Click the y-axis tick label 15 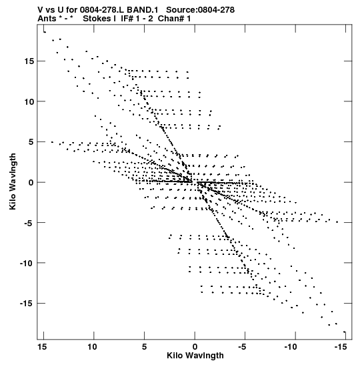[29, 61]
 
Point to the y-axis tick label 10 [29, 101]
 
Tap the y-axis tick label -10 [27, 264]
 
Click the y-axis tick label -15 [27, 304]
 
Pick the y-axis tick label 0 [31, 183]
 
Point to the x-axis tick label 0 [195, 347]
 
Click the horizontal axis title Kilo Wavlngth [195, 356]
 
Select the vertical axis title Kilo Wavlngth [13, 181]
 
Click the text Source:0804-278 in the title [200, 10]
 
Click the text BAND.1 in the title [142, 10]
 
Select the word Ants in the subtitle [47, 19]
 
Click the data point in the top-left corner [45, 32]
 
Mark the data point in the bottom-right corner [345, 332]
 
